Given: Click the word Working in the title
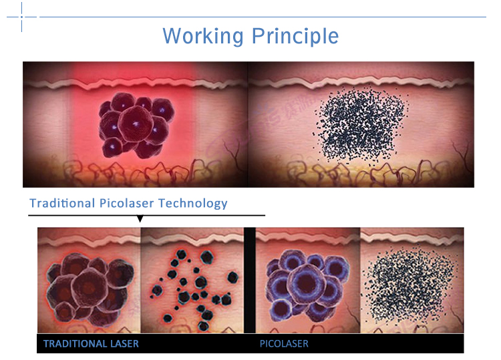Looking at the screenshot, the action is click(x=203, y=36).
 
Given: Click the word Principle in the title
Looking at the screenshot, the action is click(x=295, y=36).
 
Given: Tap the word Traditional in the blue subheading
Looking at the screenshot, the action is click(x=62, y=203).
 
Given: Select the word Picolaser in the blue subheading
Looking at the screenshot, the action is click(x=126, y=203).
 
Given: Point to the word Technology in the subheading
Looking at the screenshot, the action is click(x=192, y=204).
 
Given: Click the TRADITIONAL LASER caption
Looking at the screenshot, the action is click(x=91, y=344).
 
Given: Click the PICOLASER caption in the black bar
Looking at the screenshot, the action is click(x=284, y=344).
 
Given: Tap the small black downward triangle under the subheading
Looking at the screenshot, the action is click(x=140, y=219).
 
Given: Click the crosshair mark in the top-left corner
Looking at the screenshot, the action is click(x=22, y=17).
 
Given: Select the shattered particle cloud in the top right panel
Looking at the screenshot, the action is click(x=361, y=125).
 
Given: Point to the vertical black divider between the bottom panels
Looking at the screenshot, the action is click(x=250, y=280).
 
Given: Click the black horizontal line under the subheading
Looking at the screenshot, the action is click(x=147, y=215).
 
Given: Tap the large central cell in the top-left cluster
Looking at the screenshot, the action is click(x=136, y=124).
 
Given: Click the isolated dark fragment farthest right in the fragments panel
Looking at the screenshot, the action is click(x=232, y=277).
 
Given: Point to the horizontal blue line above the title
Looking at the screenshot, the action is click(x=263, y=17).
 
